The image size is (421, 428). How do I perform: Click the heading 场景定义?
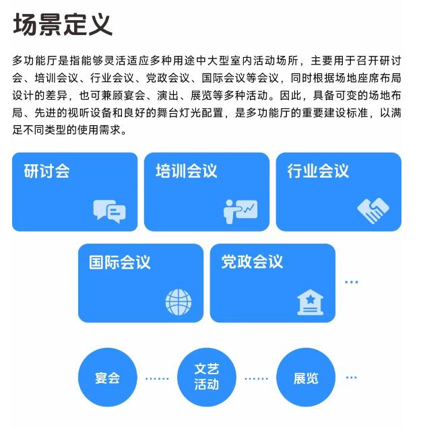[x=63, y=25]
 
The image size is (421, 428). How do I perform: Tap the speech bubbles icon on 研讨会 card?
[x=109, y=211]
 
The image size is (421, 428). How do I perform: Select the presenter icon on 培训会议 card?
[x=240, y=211]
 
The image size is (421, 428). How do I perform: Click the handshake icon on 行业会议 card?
[x=373, y=211]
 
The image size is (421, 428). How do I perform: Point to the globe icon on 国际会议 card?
[x=179, y=302]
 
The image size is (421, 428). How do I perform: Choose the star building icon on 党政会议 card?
[x=310, y=302]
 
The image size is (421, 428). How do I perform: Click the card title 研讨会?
[x=46, y=171]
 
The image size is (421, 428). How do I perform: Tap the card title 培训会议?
[x=187, y=171]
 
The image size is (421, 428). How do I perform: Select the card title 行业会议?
[x=318, y=171]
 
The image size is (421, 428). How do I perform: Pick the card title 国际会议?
[x=120, y=262]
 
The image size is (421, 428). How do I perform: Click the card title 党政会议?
[x=252, y=262]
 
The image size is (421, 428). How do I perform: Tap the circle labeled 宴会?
[x=107, y=378]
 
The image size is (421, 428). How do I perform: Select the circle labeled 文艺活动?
[x=207, y=378]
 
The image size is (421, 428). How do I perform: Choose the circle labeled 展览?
[x=306, y=378]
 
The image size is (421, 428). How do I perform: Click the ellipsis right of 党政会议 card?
[x=352, y=282]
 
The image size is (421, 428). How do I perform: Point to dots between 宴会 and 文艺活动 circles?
[x=157, y=379]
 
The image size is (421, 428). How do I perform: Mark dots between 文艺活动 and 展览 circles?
[x=256, y=379]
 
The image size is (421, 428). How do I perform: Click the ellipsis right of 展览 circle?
[x=352, y=378]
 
